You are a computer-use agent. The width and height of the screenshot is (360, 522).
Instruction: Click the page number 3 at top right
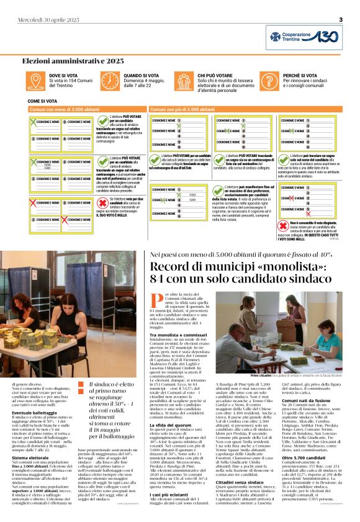pos(341,20)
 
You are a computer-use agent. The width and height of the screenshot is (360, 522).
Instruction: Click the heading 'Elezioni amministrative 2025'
pos(73,61)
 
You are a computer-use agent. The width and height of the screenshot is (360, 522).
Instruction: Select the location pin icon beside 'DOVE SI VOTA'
pos(35,81)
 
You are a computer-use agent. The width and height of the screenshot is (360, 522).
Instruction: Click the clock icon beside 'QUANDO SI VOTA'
pos(110,81)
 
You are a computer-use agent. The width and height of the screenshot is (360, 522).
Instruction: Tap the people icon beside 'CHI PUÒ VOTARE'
pos(184,81)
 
